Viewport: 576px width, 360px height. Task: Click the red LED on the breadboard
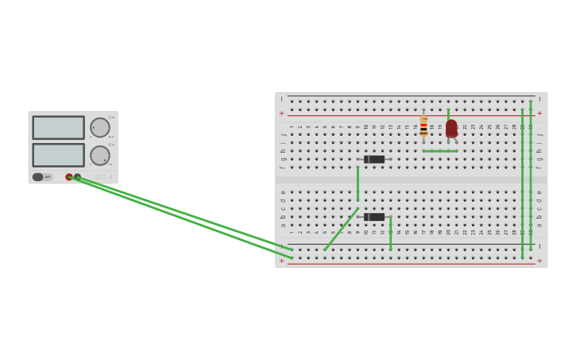pos(451,128)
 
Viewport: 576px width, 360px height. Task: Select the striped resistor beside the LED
pos(423,126)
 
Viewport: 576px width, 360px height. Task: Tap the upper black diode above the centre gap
pos(374,160)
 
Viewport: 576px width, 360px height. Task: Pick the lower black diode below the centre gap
pos(374,217)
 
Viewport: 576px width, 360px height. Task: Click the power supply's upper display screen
pos(59,128)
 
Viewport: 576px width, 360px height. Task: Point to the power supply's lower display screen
pos(59,155)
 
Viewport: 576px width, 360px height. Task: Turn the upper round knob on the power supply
pos(100,128)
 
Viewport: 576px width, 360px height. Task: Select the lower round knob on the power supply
pos(100,156)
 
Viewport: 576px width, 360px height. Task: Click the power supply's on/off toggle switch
pos(38,177)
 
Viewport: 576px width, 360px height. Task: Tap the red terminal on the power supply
pos(69,177)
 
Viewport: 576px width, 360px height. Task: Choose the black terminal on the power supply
pos(77,177)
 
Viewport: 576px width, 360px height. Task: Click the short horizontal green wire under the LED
pos(440,151)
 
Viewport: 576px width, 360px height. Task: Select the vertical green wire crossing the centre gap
pos(358,183)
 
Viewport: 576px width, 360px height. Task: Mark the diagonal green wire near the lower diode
pos(340,230)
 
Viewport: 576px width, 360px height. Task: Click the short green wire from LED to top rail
pos(448,114)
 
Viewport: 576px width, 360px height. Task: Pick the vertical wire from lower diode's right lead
pos(391,234)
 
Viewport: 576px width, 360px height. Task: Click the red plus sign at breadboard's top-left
pos(281,113)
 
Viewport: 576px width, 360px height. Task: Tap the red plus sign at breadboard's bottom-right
pos(539,261)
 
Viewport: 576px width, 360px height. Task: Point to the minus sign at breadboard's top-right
pos(539,99)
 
